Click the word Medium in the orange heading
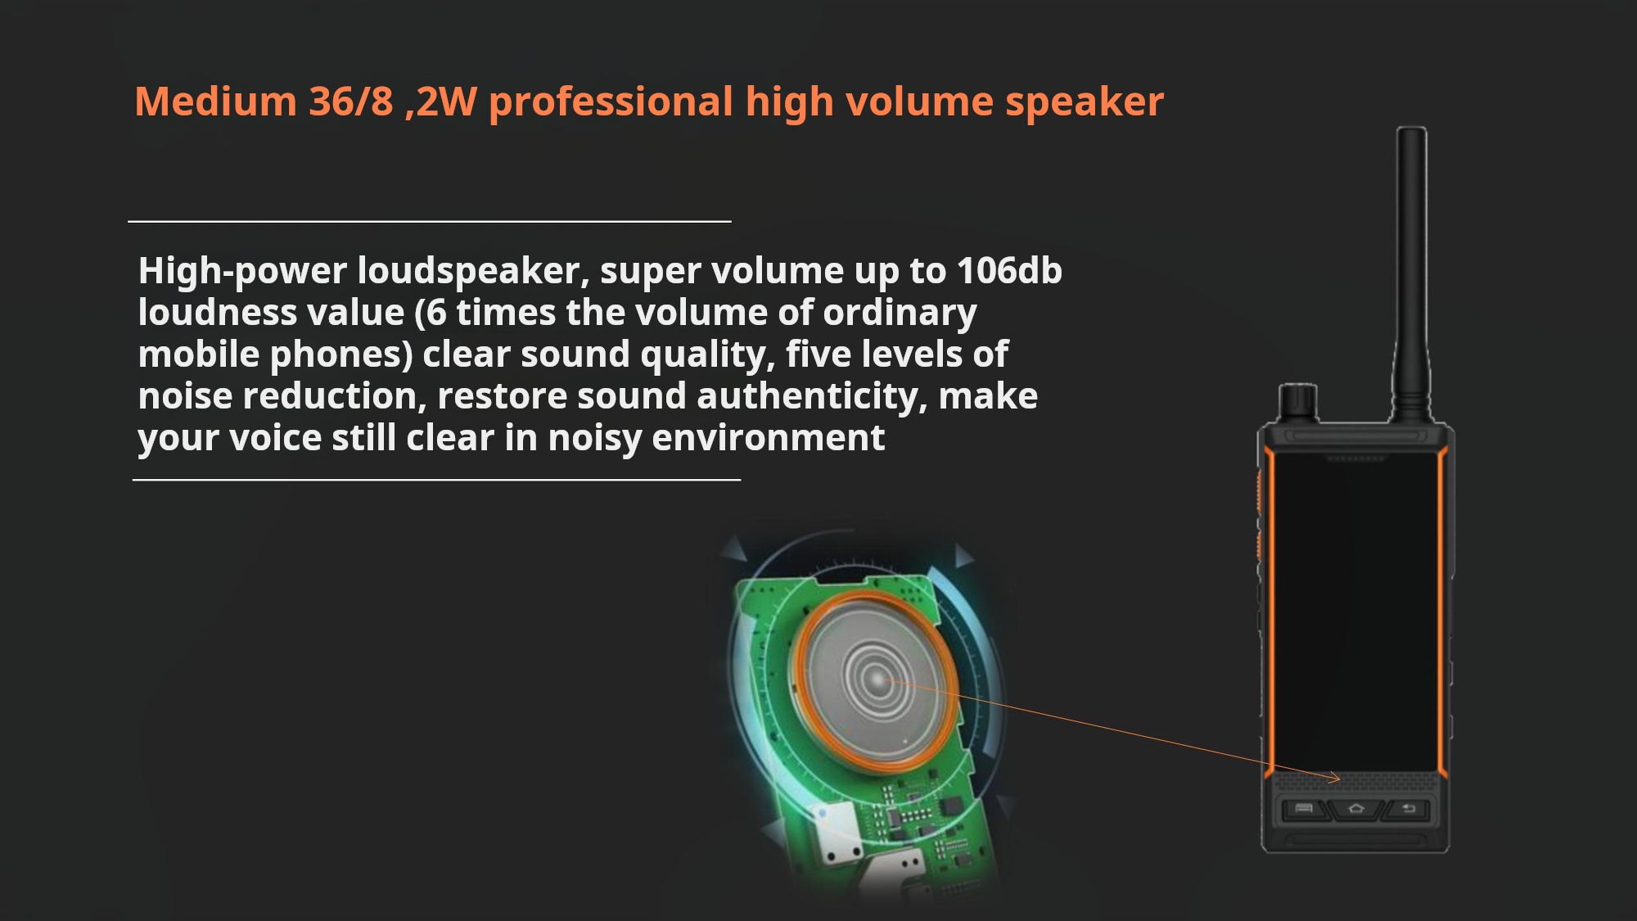tap(215, 102)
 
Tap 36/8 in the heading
tap(351, 102)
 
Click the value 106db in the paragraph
tap(1009, 271)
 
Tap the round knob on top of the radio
tap(1297, 402)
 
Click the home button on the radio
tap(1356, 810)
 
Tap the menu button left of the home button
tap(1304, 810)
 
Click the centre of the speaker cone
tap(877, 679)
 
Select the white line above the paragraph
tap(430, 221)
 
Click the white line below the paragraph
tap(436, 480)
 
